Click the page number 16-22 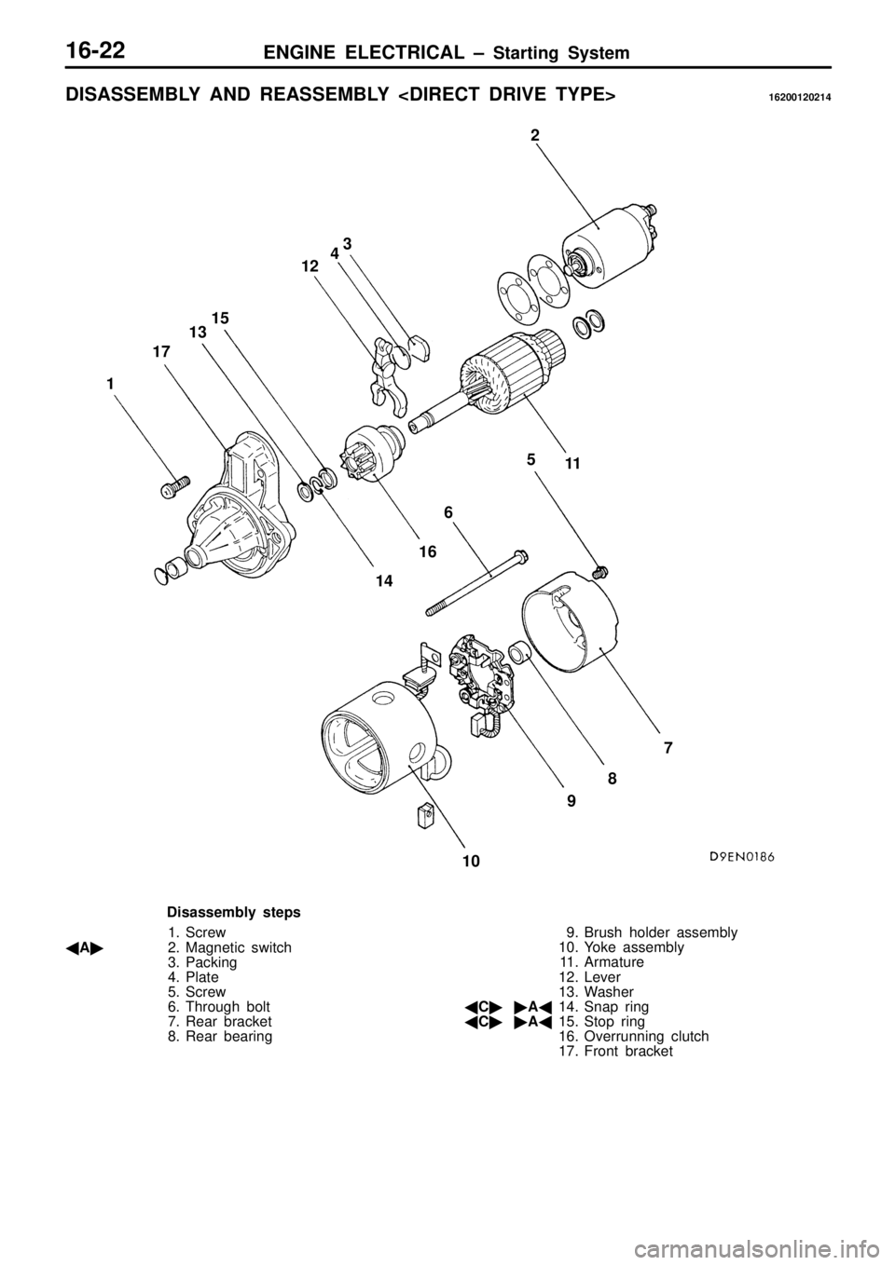tap(103, 51)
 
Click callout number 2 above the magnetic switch tap(535, 135)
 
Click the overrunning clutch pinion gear tap(370, 453)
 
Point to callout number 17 tap(161, 352)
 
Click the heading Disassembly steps tap(234, 912)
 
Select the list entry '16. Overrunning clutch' tap(633, 1036)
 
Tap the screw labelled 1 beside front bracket tap(174, 486)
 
